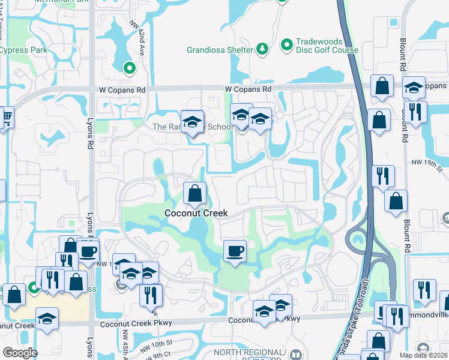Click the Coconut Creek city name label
pyautogui.click(x=196, y=213)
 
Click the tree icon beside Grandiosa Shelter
pyautogui.click(x=262, y=49)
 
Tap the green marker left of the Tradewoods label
pyautogui.click(x=287, y=44)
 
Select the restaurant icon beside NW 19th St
pyautogui.click(x=382, y=176)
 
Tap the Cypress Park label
pyautogui.click(x=23, y=49)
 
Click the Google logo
pyautogui.click(x=19, y=353)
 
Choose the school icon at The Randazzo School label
pyautogui.click(x=192, y=122)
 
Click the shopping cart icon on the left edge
pyautogui.click(x=6, y=116)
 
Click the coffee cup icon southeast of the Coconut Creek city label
pyautogui.click(x=235, y=250)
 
